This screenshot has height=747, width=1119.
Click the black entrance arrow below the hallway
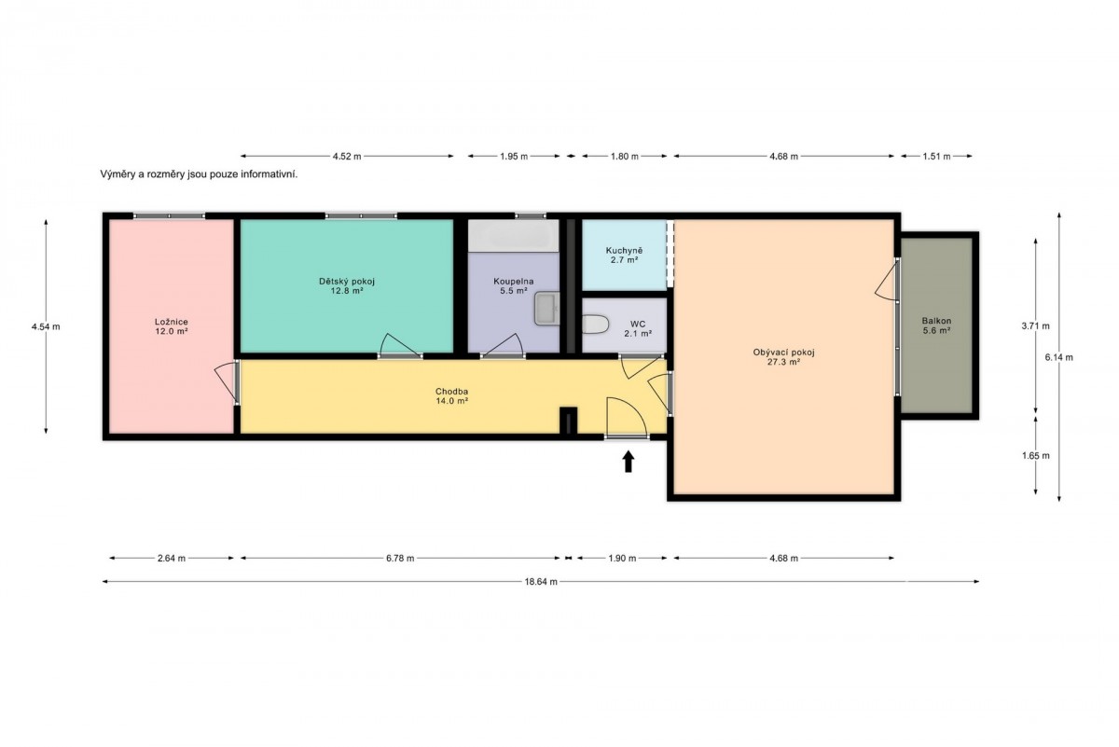pyautogui.click(x=629, y=462)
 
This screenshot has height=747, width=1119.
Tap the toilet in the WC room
pyautogui.click(x=595, y=325)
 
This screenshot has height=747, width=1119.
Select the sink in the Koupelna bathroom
pyautogui.click(x=546, y=309)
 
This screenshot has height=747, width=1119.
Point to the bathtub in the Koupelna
pyautogui.click(x=513, y=236)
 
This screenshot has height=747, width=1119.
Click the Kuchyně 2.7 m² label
pyautogui.click(x=624, y=256)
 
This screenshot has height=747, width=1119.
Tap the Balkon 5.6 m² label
pyautogui.click(x=936, y=325)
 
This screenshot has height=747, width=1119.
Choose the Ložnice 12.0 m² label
pyautogui.click(x=172, y=326)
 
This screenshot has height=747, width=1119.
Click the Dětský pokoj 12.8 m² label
pyautogui.click(x=347, y=285)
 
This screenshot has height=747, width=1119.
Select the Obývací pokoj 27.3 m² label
pyautogui.click(x=784, y=357)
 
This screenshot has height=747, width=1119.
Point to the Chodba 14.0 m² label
pyautogui.click(x=451, y=395)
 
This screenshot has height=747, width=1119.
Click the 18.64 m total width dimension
pyautogui.click(x=541, y=582)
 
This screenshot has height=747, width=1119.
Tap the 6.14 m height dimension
pyautogui.click(x=1059, y=357)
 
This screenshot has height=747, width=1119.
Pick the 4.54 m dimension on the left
pyautogui.click(x=46, y=326)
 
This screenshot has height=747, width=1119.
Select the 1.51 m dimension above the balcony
pyautogui.click(x=936, y=157)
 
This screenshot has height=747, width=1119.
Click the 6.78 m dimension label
pyautogui.click(x=400, y=558)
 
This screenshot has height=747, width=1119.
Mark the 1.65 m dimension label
pyautogui.click(x=1036, y=456)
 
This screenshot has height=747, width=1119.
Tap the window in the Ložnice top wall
pyautogui.click(x=169, y=215)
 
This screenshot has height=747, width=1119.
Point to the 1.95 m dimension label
pyautogui.click(x=514, y=157)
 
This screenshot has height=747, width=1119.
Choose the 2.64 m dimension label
pyautogui.click(x=172, y=558)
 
